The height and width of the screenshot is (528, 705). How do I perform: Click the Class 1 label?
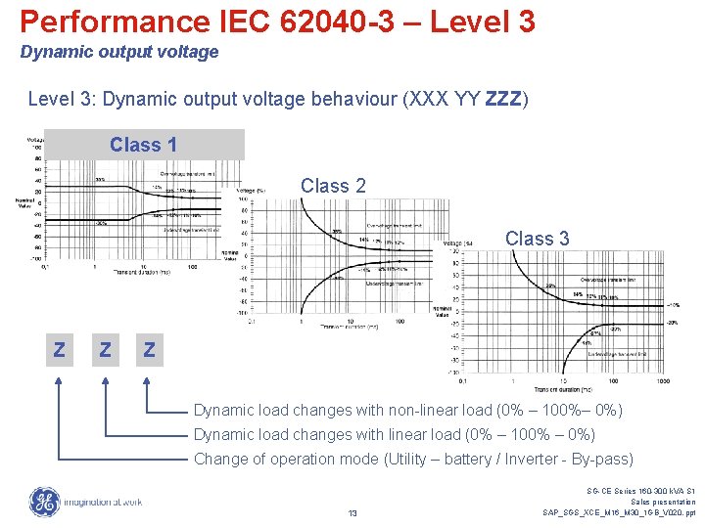[x=143, y=146]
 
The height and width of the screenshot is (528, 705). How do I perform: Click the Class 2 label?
[x=333, y=186]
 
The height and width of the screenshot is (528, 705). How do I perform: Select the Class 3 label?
[x=537, y=239]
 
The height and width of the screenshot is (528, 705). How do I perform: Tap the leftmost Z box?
[x=59, y=349]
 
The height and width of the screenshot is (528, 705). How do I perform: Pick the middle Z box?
[x=104, y=349]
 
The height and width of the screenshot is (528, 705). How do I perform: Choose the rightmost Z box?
[x=148, y=349]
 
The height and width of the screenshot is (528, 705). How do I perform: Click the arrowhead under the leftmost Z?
[x=59, y=382]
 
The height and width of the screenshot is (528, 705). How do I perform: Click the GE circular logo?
[x=44, y=502]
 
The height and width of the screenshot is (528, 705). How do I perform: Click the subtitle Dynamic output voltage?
[x=119, y=52]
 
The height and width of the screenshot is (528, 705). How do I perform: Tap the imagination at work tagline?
[x=102, y=503]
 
